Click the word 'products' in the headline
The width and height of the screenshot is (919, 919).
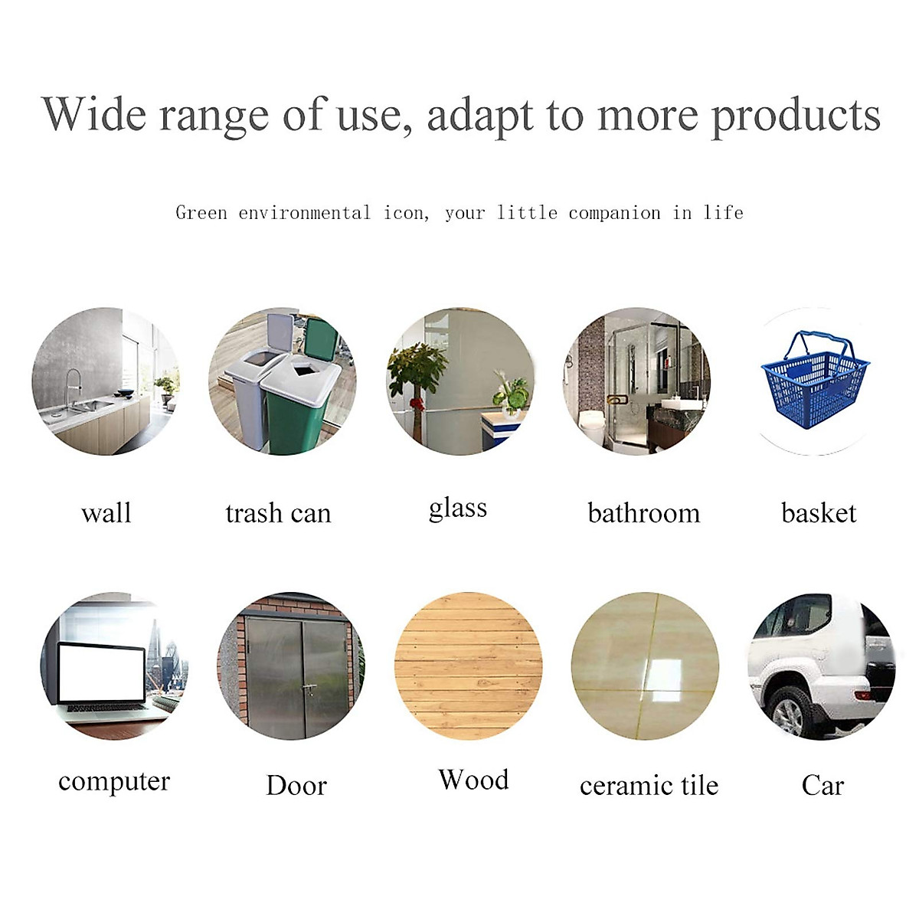(796, 116)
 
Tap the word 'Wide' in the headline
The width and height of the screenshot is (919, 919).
(93, 115)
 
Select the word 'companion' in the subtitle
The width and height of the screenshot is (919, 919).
(614, 213)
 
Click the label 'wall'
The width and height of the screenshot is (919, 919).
(106, 512)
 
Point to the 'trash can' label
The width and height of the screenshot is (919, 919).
(278, 513)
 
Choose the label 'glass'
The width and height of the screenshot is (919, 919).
(458, 509)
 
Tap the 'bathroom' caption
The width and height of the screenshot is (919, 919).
(643, 513)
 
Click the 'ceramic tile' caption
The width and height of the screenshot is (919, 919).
(649, 786)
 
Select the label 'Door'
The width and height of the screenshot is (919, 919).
(296, 786)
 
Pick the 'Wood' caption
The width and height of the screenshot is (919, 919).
(473, 780)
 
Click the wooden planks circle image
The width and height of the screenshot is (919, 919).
(468, 666)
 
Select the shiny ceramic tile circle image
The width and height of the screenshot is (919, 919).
(645, 666)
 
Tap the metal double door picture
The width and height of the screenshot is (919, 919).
(294, 670)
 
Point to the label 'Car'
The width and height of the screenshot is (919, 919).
(823, 786)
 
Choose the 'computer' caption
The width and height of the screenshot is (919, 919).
(114, 782)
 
